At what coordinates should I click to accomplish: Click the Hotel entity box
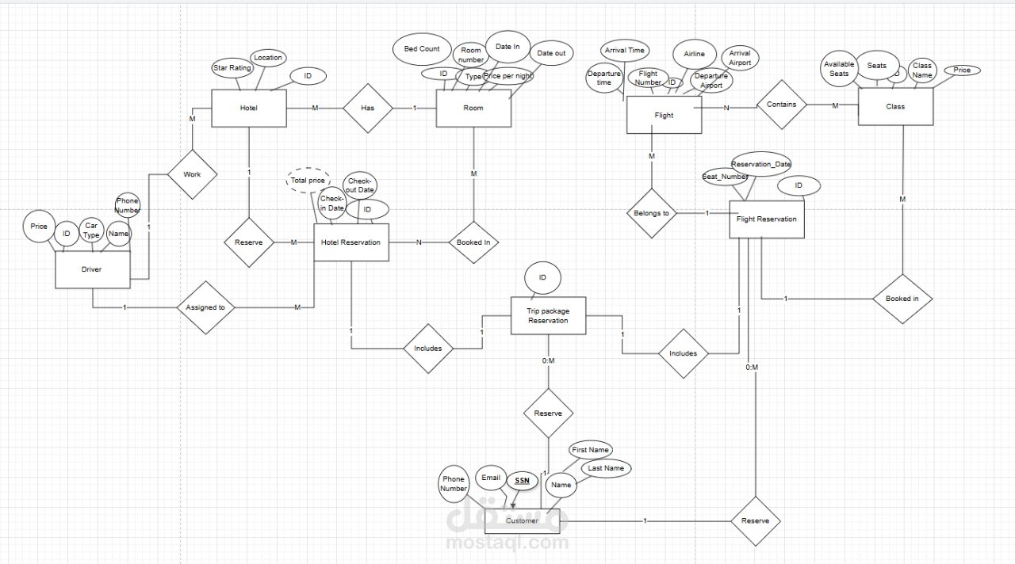[x=248, y=108]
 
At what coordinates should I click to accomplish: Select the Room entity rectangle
[x=473, y=108]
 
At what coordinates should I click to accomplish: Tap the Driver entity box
[x=91, y=269]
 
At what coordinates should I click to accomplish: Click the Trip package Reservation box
[x=548, y=316]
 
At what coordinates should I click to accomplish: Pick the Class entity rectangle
[x=895, y=106]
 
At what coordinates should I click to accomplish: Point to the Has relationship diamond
[x=368, y=108]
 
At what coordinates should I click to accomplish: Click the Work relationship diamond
[x=192, y=174]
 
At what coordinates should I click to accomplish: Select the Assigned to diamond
[x=205, y=307]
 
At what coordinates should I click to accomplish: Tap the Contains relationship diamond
[x=781, y=104]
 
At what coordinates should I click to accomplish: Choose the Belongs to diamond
[x=652, y=213]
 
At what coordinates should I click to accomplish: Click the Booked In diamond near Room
[x=473, y=242]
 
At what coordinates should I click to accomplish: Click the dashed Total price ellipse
[x=307, y=181]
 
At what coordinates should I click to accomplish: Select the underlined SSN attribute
[x=521, y=481]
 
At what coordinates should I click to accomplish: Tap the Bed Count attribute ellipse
[x=422, y=49]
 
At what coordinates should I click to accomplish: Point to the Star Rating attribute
[x=232, y=68]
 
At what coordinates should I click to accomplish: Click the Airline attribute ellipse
[x=695, y=55]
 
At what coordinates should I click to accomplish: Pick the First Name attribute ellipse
[x=591, y=450]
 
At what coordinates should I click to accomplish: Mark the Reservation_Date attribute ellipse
[x=761, y=164]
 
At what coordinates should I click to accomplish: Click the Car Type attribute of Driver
[x=92, y=231]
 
